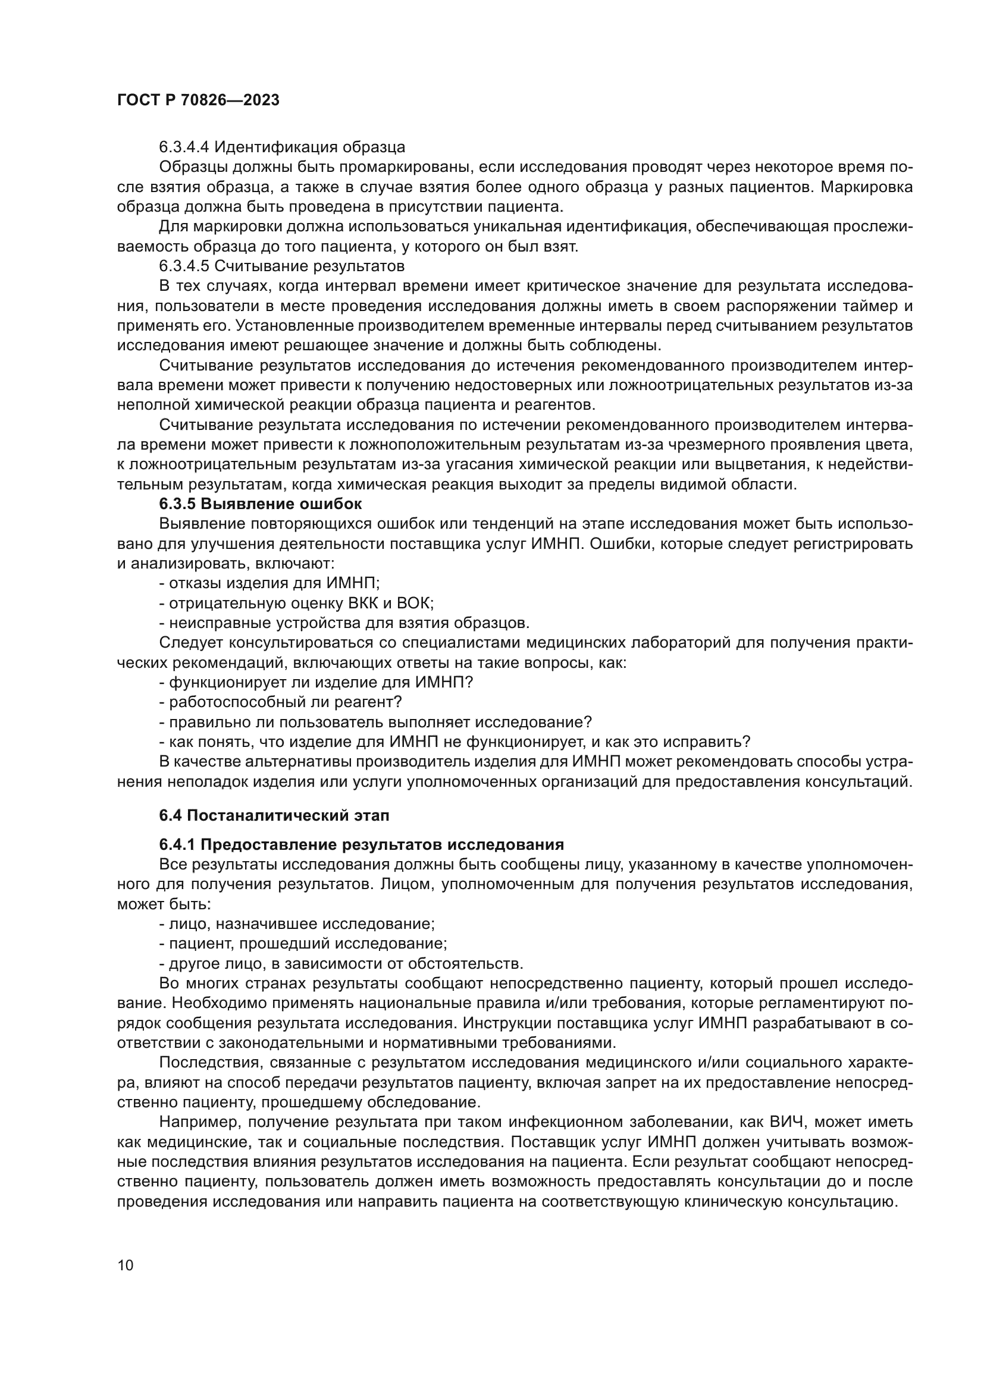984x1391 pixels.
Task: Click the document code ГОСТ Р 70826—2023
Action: [x=198, y=101]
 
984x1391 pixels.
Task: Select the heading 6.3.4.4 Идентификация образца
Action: [x=282, y=147]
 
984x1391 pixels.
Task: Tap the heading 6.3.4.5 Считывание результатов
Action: [x=282, y=266]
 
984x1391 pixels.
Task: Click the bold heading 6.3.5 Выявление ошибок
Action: [x=261, y=504]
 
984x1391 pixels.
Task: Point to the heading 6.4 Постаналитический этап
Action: [x=274, y=815]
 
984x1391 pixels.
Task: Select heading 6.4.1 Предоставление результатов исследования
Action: [x=361, y=844]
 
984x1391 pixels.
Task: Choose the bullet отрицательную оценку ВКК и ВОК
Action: [x=296, y=604]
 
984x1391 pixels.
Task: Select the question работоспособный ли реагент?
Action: [x=281, y=702]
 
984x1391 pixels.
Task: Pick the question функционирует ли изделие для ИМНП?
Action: [x=316, y=682]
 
